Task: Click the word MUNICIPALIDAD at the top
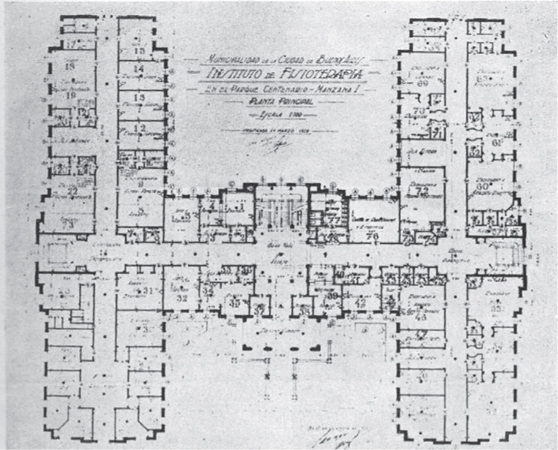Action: tap(229, 61)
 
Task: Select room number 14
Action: tap(139, 70)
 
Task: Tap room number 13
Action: tap(140, 97)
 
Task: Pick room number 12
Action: tap(140, 128)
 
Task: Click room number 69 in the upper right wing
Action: tap(422, 82)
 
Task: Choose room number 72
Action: tap(423, 189)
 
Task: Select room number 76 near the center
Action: tap(372, 236)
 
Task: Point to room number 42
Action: tap(361, 302)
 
